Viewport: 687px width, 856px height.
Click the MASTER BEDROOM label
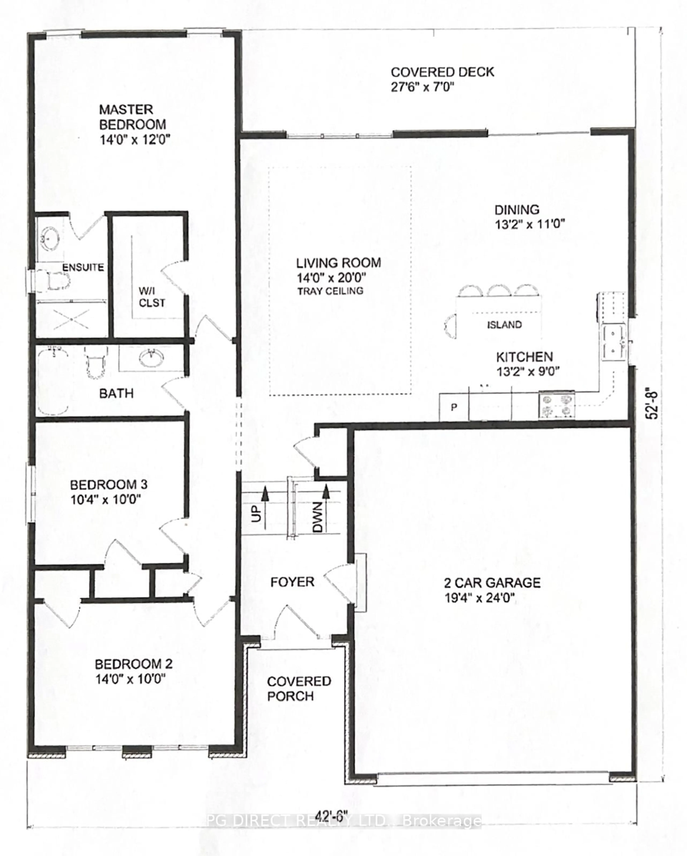[x=132, y=117]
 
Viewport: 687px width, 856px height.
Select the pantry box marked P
[x=454, y=407]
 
